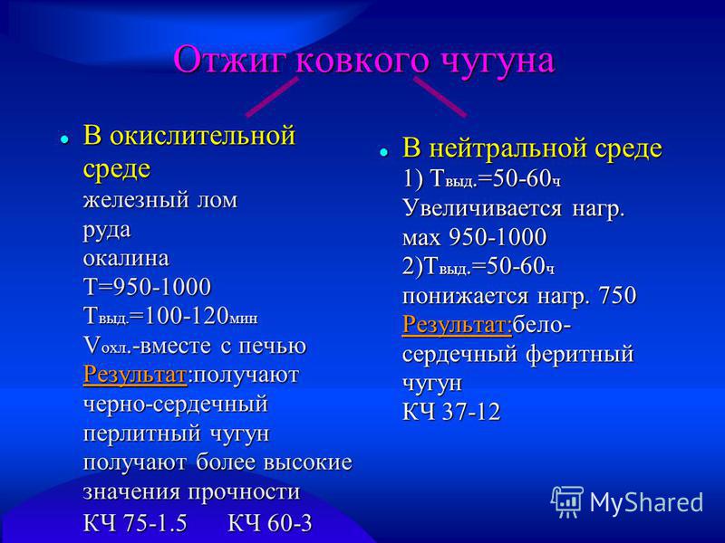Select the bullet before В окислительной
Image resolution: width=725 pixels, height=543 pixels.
[x=64, y=138]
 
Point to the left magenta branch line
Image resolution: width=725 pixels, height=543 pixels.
[x=272, y=97]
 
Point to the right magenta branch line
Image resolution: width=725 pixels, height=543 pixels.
[x=440, y=97]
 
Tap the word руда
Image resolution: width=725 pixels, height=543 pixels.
[x=107, y=231]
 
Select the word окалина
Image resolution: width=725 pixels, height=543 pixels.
[x=126, y=258]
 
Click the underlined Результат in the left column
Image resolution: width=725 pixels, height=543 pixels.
[x=135, y=375]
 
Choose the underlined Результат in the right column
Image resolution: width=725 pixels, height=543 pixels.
[x=457, y=325]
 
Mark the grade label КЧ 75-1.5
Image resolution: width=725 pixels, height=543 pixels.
[x=135, y=523]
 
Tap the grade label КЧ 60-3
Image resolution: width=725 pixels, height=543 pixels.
[x=270, y=523]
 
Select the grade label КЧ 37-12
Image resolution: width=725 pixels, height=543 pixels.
[x=451, y=412]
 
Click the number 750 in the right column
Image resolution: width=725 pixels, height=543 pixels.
[x=617, y=295]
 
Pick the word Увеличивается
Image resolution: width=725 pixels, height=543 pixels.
[x=482, y=209]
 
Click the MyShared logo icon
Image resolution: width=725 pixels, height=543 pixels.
[x=566, y=501]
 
